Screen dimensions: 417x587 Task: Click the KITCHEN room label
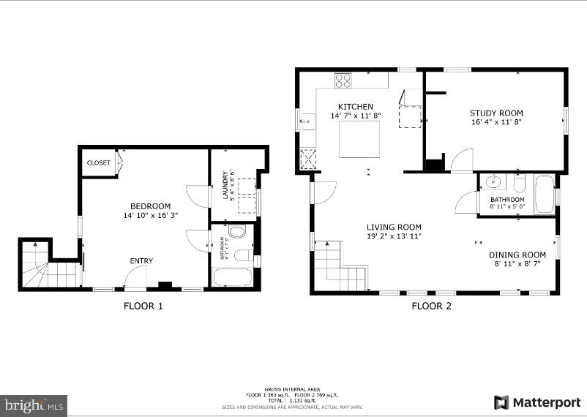click(355, 107)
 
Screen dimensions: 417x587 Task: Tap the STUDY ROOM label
click(496, 113)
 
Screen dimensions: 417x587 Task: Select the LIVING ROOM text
click(394, 227)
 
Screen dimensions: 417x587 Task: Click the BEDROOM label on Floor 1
click(150, 206)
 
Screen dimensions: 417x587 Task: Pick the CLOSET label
click(98, 163)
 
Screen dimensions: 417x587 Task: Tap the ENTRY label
click(141, 261)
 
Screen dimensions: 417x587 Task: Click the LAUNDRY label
click(226, 184)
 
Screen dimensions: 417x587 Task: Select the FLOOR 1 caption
click(143, 306)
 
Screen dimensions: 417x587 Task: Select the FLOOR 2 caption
click(431, 306)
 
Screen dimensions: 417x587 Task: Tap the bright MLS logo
click(34, 405)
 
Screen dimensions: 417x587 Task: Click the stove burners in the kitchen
click(343, 80)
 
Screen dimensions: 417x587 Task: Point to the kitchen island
click(359, 139)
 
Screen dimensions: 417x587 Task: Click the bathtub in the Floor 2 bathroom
click(545, 195)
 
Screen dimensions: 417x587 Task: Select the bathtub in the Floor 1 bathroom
click(232, 278)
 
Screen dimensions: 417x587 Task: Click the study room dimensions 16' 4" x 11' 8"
click(496, 122)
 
